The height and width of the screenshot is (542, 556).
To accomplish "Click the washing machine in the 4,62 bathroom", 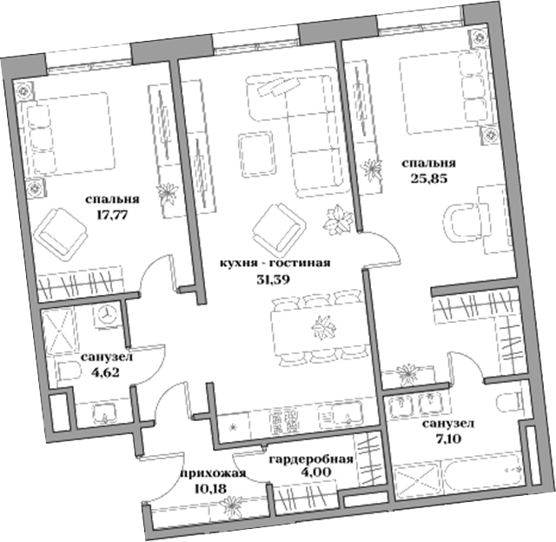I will [x=106, y=314].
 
